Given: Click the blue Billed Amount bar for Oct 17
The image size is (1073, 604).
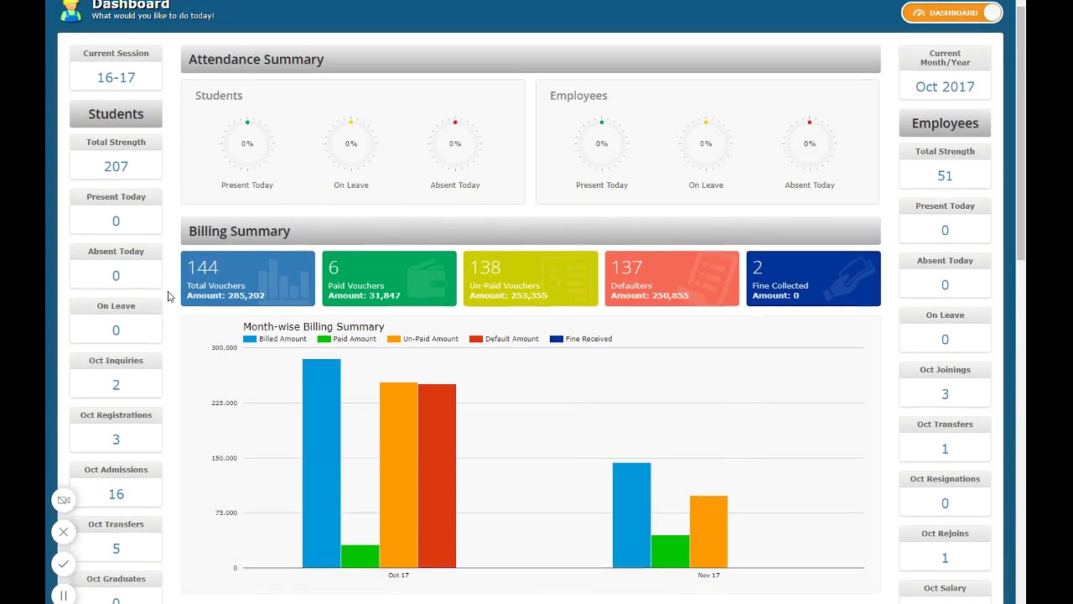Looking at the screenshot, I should [x=321, y=463].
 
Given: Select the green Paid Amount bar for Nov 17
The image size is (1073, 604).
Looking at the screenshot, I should [x=670, y=551].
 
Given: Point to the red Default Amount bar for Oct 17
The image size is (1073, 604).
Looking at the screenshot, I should [x=437, y=476].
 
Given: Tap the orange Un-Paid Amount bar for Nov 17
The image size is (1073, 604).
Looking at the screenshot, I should [x=708, y=532].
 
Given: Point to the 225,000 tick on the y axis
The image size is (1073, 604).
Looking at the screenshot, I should [x=223, y=403].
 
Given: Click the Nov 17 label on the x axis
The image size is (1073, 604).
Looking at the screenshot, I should [x=708, y=575].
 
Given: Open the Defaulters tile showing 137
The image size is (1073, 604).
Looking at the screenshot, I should [x=671, y=279].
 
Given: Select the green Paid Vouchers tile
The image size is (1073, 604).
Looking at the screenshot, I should [x=389, y=279].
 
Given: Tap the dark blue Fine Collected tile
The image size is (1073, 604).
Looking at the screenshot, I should [x=812, y=279].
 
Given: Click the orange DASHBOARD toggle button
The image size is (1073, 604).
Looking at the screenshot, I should [x=951, y=13].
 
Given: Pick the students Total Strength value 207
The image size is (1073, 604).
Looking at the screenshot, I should [x=116, y=166].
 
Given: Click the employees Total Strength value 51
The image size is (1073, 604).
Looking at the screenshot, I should [x=945, y=175].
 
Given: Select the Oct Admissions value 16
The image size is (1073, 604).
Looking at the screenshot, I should [x=116, y=494].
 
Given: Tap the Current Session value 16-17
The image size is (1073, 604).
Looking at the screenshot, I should [x=116, y=77].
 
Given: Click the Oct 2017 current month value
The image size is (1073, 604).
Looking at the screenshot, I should [x=945, y=86].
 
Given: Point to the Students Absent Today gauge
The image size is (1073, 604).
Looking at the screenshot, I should [x=454, y=144].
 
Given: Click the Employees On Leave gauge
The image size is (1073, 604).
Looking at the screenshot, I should [x=705, y=144].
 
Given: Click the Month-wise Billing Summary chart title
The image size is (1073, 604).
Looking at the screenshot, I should [x=314, y=326].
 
